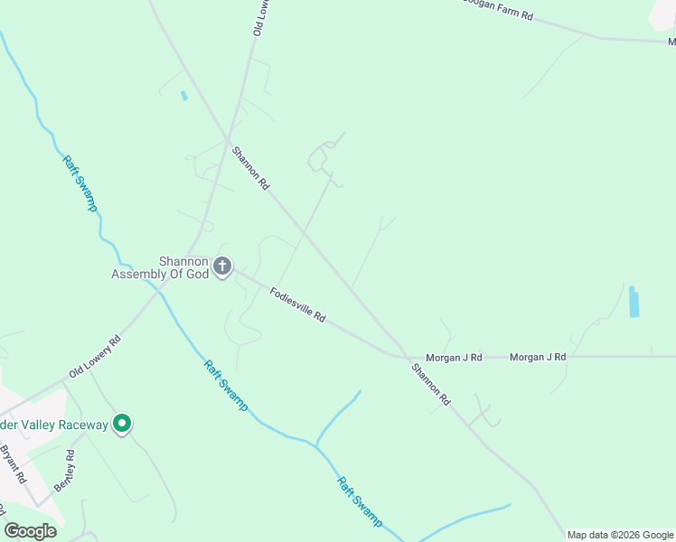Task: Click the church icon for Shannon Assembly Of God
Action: (x=222, y=267)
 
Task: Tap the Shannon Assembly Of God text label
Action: (x=160, y=267)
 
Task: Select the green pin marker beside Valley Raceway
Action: (x=123, y=424)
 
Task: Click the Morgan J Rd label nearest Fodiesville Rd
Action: (x=455, y=358)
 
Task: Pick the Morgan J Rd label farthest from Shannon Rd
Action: (x=537, y=358)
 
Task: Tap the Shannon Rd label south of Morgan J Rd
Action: (x=431, y=383)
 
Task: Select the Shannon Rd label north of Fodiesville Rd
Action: (x=251, y=168)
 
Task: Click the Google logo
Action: (x=30, y=531)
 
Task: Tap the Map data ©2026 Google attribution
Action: (x=620, y=535)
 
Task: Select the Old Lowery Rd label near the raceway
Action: (x=94, y=359)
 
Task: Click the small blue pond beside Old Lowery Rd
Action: (x=183, y=95)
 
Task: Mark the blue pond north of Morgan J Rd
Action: (x=634, y=302)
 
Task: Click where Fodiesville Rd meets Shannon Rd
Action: (x=403, y=354)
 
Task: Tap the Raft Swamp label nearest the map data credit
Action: (x=360, y=502)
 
